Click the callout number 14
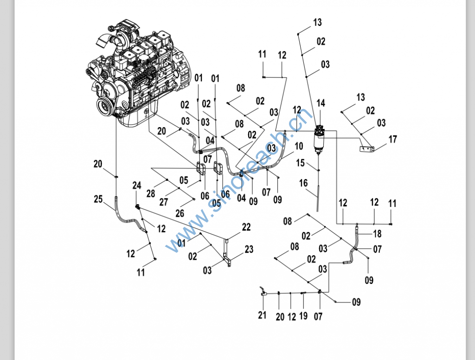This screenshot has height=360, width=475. tap(321, 103)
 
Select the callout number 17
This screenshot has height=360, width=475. tap(393, 139)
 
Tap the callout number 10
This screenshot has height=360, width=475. tap(299, 146)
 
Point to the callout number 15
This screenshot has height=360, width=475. tap(300, 163)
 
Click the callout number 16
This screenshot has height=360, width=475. tap(303, 183)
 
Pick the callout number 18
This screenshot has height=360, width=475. tap(377, 233)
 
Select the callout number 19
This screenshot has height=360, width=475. tap(303, 316)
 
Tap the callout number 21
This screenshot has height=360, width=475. tap(263, 316)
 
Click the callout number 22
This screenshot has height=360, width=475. tap(246, 227)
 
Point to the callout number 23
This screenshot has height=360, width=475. tap(249, 249)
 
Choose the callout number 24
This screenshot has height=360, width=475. tap(136, 186)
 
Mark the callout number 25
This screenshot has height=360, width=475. tap(98, 199)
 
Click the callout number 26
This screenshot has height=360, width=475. tap(180, 213)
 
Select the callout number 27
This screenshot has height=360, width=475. tap(163, 202)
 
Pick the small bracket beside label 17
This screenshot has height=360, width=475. tap(367, 149)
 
